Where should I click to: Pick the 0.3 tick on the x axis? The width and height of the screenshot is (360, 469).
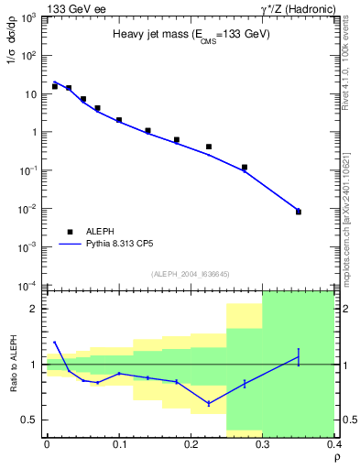tap(263, 444)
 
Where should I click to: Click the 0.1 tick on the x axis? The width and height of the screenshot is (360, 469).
tap(119, 444)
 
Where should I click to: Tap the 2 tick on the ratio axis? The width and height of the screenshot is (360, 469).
tap(36, 309)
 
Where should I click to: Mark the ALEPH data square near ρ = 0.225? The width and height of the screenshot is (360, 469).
tap(209, 147)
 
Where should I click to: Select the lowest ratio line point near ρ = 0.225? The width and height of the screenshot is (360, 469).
tap(209, 403)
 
